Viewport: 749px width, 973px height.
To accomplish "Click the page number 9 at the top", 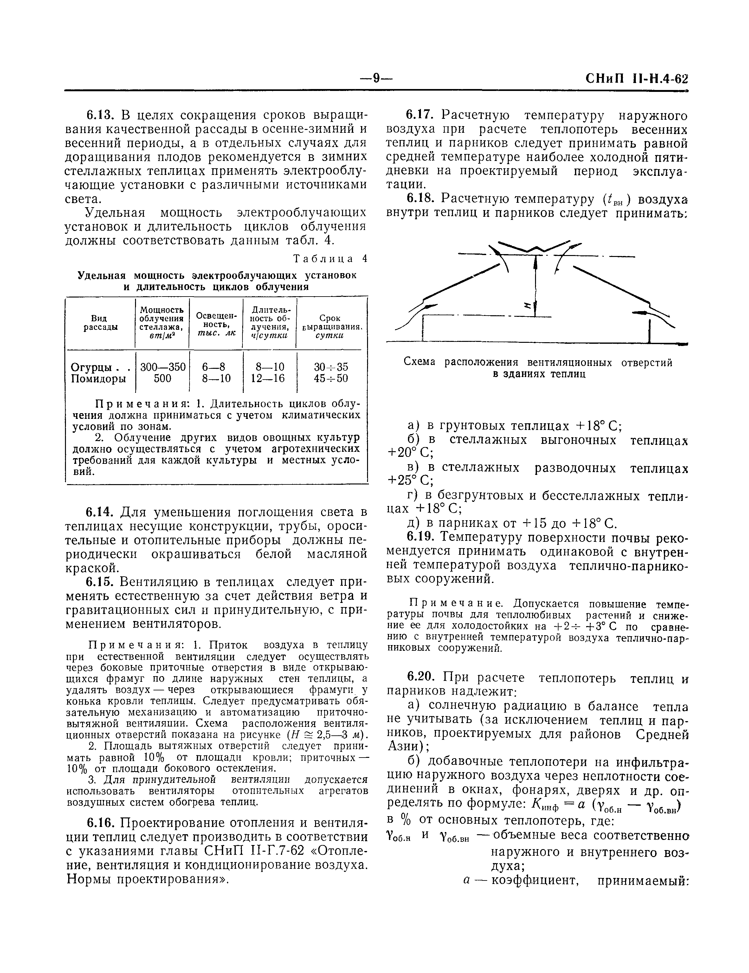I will (376, 79).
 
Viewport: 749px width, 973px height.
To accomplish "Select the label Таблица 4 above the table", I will (330, 259).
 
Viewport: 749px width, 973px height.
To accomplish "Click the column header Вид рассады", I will (100, 323).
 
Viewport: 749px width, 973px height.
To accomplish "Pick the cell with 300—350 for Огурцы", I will (163, 367).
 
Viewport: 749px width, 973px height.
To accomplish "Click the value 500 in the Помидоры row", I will (162, 379).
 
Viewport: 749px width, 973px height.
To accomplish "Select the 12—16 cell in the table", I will (269, 379).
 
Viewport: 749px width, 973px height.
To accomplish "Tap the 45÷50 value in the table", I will (331, 379).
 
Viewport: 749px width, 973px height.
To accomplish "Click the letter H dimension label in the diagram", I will (527, 305).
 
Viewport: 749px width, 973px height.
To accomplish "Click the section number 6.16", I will (100, 823).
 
